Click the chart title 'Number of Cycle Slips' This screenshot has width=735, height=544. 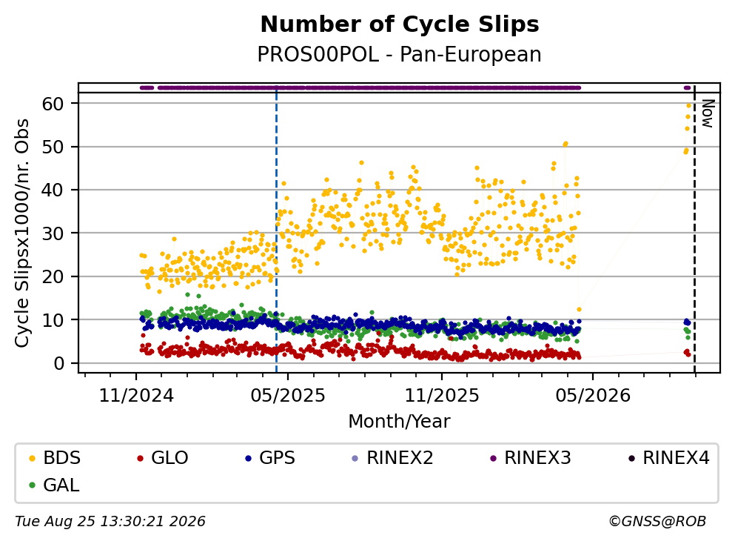[400, 24]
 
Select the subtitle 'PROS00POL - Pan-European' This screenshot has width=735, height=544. [400, 54]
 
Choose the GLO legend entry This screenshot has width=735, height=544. [163, 457]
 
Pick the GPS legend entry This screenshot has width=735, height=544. [270, 457]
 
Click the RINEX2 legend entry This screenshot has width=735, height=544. [393, 457]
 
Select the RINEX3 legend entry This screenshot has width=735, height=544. [531, 457]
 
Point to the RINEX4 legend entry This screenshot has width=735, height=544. [669, 457]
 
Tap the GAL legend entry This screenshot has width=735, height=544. [54, 485]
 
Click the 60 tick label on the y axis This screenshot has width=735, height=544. [53, 104]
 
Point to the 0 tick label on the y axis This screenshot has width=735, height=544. [59, 363]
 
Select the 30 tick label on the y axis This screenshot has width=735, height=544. [53, 233]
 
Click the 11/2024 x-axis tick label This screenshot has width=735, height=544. [136, 396]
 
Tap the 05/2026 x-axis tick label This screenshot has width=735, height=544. [593, 396]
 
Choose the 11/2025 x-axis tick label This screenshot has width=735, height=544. [442, 396]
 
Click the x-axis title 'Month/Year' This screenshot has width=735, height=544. [400, 421]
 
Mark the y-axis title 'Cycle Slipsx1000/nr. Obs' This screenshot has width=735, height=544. [22, 233]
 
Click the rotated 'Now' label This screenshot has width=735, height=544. [708, 113]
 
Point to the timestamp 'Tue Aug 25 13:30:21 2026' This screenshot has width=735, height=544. [110, 521]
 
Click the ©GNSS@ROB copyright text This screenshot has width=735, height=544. [657, 521]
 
